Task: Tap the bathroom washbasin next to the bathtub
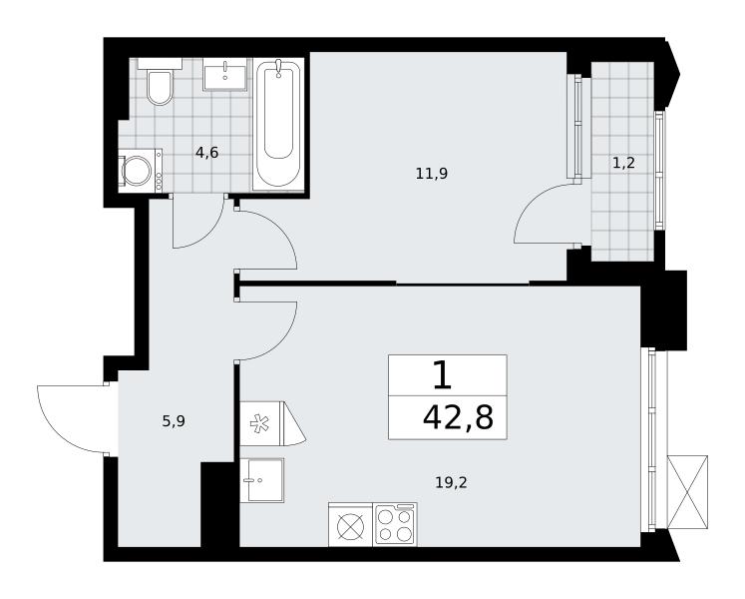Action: (225, 75)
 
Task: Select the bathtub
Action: (278, 125)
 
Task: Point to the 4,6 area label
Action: (206, 153)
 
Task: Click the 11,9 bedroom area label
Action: (432, 174)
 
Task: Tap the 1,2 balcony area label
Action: (623, 163)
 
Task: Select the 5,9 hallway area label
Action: (174, 421)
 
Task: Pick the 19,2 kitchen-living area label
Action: (451, 483)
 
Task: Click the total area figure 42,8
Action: (458, 418)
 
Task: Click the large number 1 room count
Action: (443, 374)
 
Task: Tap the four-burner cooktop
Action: (394, 524)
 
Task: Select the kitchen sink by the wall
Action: (261, 480)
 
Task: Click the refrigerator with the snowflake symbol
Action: (272, 424)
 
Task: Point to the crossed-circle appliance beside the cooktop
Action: (351, 524)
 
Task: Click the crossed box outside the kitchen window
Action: (687, 492)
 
